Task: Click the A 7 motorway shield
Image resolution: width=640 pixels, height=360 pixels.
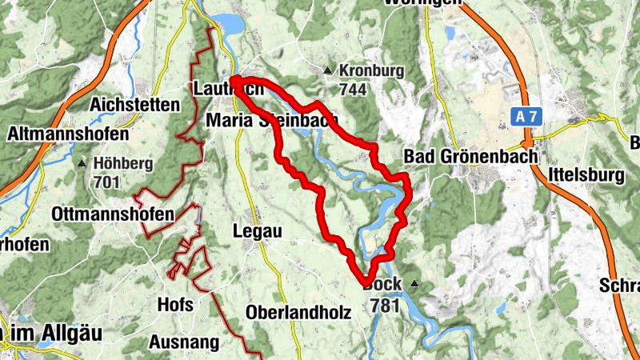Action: point(526,117)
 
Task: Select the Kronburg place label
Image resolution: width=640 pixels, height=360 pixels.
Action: point(371,70)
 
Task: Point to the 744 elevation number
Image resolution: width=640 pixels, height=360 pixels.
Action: point(352,89)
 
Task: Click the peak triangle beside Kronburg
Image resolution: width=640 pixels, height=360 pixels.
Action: point(328,71)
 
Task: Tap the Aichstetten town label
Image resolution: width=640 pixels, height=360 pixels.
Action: point(134,105)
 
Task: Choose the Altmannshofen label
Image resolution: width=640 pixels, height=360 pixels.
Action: point(58,134)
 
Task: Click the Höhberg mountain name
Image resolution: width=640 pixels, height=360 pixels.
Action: point(122,164)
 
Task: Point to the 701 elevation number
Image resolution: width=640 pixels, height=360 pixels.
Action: point(106,182)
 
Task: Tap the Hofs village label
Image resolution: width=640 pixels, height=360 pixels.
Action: point(175,304)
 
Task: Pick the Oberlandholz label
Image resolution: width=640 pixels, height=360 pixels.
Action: point(298,312)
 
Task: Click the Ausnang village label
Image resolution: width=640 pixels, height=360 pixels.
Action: point(184,342)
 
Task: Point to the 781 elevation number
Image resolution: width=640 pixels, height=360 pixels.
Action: point(385,305)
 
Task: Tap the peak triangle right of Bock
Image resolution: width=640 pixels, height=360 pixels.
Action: point(414,284)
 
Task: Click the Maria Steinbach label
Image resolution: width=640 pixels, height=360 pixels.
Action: point(271,121)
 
